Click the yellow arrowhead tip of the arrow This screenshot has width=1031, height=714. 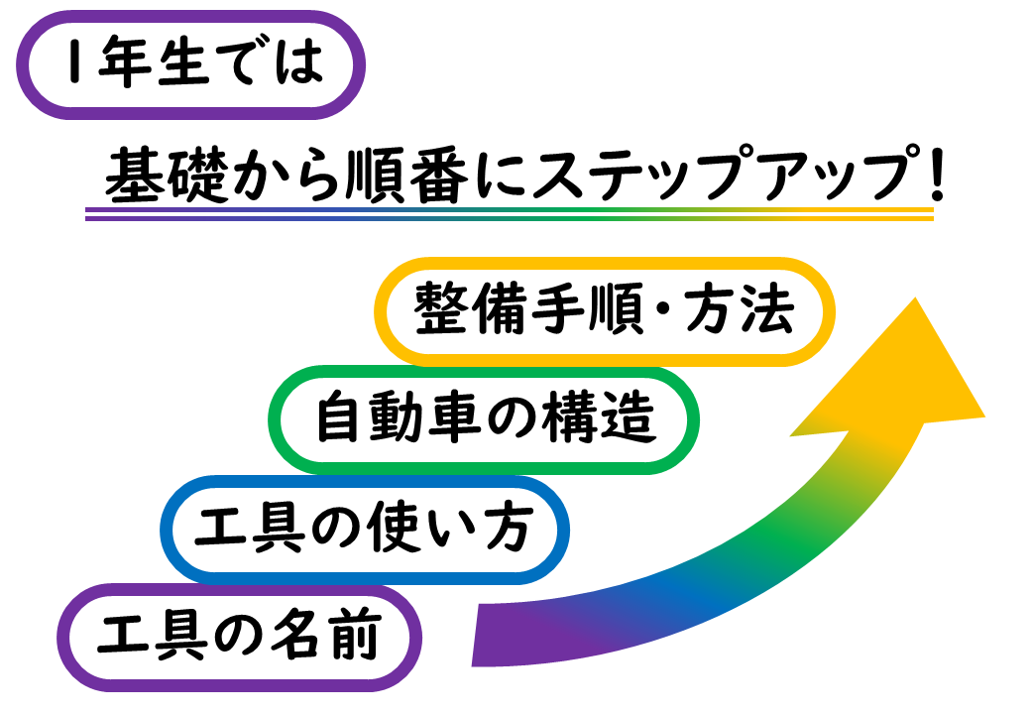coord(915,297)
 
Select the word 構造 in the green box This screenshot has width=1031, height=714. coord(599,417)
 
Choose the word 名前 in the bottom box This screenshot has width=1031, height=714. coord(326,635)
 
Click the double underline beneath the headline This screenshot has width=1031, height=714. coord(510,213)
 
